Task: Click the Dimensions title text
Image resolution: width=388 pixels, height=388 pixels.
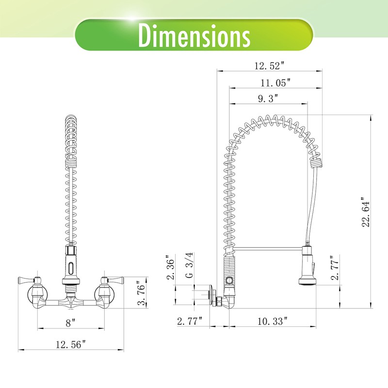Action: click(x=194, y=35)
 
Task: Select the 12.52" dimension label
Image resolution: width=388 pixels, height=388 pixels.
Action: click(x=270, y=66)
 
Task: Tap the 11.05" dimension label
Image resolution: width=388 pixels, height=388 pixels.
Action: click(x=275, y=82)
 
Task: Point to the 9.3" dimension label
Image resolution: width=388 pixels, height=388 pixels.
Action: click(x=268, y=98)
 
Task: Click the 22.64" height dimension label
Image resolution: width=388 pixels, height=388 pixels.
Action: click(x=366, y=212)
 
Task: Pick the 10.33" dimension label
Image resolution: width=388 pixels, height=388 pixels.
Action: click(x=273, y=321)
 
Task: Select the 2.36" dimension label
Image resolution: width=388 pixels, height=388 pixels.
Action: click(x=171, y=267)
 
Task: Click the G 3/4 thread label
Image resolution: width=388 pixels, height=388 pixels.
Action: click(x=189, y=265)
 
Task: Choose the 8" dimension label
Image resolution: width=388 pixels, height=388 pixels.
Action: click(x=70, y=323)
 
